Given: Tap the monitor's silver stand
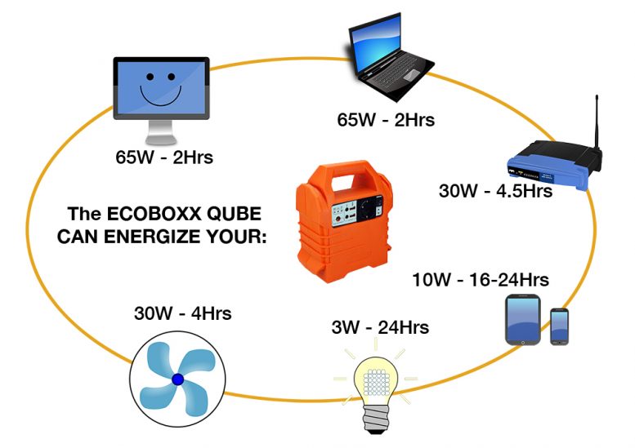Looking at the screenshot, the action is point(161,132).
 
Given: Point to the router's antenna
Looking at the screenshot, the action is point(597,122).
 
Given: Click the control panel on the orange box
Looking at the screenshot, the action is point(357,211).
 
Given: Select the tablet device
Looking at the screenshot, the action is point(523,320).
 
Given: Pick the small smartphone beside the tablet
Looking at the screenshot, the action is point(559,326).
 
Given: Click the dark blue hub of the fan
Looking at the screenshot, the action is point(178,379).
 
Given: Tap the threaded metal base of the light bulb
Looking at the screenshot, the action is point(373,419).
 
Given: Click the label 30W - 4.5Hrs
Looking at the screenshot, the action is point(495,190).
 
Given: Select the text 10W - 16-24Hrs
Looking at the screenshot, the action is point(481,280).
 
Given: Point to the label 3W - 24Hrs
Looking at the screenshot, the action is point(380,327).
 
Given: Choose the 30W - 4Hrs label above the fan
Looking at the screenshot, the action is point(182,313).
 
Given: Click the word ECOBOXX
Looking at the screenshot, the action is point(154,214).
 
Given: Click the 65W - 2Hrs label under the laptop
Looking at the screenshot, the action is point(386,120).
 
